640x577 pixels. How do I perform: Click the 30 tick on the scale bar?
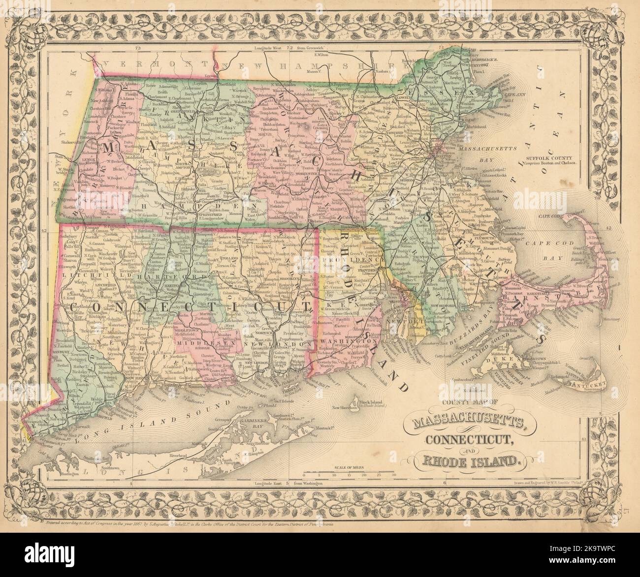pos(393,476)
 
